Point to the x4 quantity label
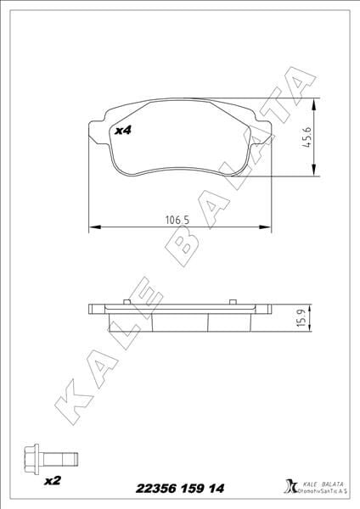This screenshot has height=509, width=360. point(122,131)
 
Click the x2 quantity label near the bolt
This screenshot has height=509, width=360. point(53,480)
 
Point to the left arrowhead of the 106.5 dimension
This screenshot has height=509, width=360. point(93,227)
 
